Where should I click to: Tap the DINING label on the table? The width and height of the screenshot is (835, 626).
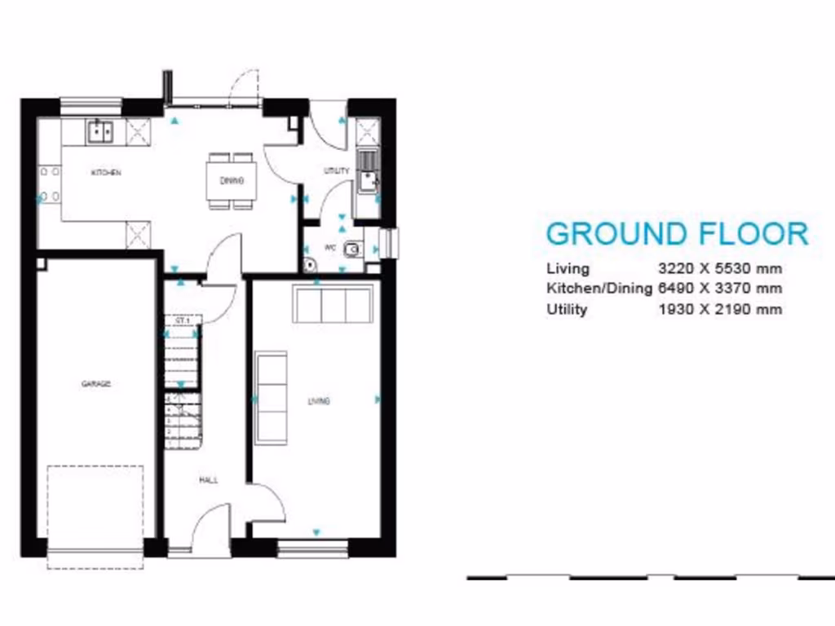(x=232, y=181)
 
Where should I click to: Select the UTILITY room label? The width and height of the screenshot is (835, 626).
(x=336, y=171)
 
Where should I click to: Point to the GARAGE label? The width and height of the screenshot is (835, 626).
(x=95, y=384)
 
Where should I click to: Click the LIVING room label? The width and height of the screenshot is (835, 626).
(x=318, y=401)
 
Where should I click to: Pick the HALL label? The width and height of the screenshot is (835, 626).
(x=208, y=480)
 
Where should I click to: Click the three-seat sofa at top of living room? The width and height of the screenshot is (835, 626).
(x=334, y=305)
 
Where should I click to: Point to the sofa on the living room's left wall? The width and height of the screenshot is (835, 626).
(x=271, y=397)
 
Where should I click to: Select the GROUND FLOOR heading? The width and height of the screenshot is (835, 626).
(x=677, y=234)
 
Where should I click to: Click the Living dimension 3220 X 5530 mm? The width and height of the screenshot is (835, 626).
(x=720, y=268)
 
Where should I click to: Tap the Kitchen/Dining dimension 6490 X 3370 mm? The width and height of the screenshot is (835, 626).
(x=720, y=289)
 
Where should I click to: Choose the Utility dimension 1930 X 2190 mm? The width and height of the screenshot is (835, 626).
(x=720, y=309)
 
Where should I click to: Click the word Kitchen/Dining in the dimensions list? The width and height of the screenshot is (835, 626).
(x=599, y=289)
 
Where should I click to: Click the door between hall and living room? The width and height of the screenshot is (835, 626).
(x=265, y=501)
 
